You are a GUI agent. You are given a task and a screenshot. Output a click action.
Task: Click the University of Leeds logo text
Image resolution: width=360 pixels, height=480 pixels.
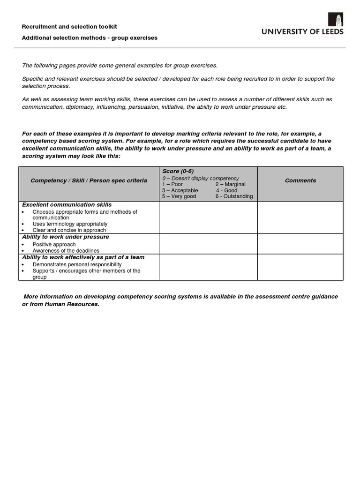(x=302, y=32)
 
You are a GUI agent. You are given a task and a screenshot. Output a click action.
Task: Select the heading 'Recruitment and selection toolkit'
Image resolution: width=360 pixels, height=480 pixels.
(x=69, y=27)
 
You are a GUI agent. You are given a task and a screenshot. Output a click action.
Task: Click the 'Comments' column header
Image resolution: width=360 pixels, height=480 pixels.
(x=300, y=180)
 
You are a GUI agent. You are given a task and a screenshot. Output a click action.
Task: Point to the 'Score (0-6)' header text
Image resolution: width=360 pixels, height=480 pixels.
(x=178, y=171)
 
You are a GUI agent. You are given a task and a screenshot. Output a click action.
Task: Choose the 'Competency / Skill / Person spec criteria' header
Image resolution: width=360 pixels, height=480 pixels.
(x=89, y=180)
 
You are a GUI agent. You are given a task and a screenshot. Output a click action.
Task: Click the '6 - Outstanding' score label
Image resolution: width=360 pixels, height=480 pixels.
(x=234, y=196)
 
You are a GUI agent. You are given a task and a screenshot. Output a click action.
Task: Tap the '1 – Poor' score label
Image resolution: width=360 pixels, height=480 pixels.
(x=172, y=184)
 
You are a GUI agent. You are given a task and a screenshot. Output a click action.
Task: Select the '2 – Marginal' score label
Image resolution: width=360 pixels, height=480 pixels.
(x=230, y=184)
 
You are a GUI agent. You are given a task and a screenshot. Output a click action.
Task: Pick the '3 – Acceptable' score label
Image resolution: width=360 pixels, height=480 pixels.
(x=180, y=190)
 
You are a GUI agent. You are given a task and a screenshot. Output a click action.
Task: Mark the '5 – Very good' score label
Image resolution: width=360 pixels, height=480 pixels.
(x=179, y=196)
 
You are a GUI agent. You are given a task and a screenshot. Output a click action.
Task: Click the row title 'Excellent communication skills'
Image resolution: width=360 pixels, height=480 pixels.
(x=67, y=205)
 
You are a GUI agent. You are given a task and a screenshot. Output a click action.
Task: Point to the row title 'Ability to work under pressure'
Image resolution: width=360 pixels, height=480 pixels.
(x=66, y=237)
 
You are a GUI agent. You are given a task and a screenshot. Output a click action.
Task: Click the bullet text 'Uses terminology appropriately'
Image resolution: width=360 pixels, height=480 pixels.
(x=70, y=224)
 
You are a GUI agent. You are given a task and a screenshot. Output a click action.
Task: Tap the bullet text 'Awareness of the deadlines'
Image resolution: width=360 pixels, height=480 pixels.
(x=66, y=251)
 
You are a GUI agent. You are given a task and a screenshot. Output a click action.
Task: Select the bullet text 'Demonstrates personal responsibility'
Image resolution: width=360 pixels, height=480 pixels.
(x=77, y=264)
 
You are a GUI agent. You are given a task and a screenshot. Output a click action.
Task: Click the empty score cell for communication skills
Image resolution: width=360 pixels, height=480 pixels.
(x=208, y=217)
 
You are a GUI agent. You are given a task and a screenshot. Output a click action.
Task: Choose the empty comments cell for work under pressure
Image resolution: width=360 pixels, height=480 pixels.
(x=300, y=244)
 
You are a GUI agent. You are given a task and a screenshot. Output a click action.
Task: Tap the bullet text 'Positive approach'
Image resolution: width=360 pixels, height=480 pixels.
(x=54, y=245)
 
